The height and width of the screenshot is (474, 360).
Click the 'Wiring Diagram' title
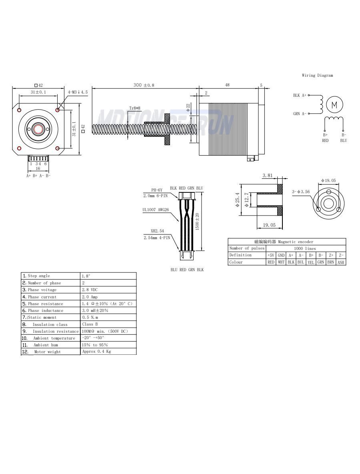(317, 75)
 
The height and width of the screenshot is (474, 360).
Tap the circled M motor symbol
(334, 105)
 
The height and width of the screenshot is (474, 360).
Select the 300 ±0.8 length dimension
(144, 85)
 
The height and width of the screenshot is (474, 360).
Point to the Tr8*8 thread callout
(134, 108)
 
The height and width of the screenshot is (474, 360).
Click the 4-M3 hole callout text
(78, 92)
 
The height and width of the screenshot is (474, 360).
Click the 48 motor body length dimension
(227, 85)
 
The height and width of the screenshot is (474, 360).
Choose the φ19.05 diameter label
(328, 180)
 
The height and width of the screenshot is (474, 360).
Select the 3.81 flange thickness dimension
(268, 175)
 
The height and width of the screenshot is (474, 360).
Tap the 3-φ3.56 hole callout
(301, 192)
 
